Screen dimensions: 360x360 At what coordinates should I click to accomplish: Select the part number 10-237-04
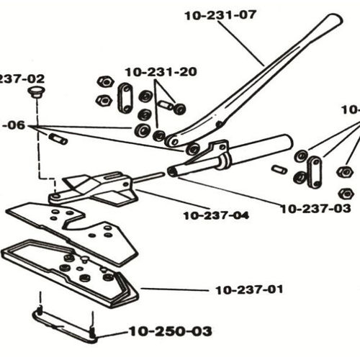click(x=215, y=215)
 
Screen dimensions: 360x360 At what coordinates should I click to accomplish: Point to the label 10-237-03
click(x=315, y=208)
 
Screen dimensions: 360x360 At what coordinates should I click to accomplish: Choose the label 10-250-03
click(x=171, y=331)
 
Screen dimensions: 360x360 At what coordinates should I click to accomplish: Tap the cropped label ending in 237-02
click(x=22, y=78)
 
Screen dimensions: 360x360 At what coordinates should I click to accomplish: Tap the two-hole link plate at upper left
click(x=125, y=97)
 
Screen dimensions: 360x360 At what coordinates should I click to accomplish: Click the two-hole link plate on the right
click(x=314, y=171)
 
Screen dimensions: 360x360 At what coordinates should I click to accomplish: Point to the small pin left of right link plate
click(x=279, y=170)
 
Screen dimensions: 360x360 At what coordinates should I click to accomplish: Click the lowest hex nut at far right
click(x=346, y=194)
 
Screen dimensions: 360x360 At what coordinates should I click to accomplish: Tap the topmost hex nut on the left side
click(x=104, y=81)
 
